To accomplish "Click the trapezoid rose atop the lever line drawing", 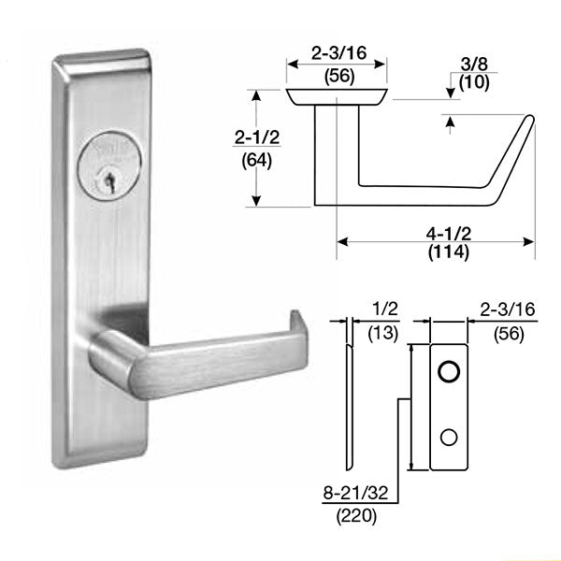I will pyautogui.click(x=336, y=96).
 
